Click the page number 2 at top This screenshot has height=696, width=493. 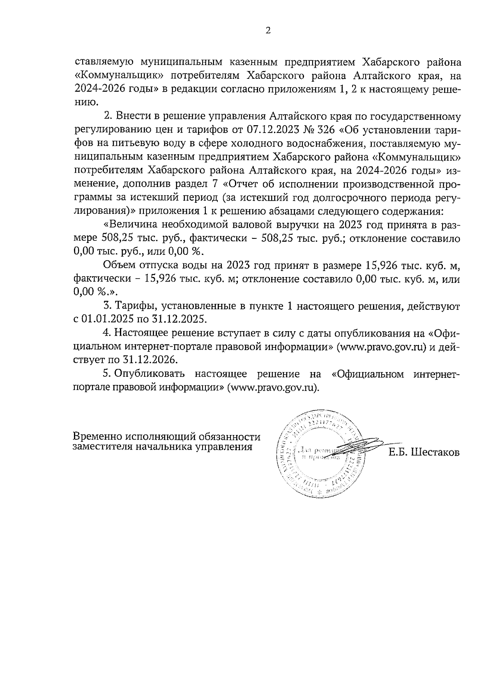pos(268,31)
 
